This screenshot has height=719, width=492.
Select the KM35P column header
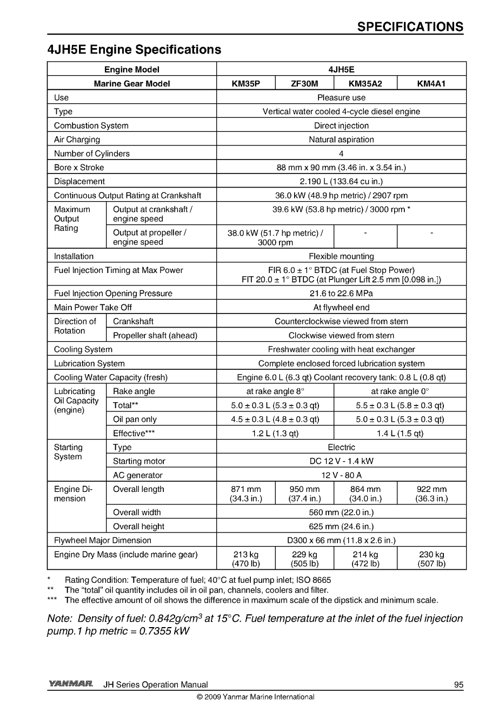245,84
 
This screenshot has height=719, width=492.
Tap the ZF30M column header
304,84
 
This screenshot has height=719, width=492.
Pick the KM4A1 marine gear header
431,84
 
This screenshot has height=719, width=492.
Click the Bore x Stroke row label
79,168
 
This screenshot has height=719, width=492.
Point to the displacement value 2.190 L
341,182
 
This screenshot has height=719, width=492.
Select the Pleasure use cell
341,98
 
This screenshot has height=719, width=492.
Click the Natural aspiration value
341,139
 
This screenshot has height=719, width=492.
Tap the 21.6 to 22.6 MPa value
341,294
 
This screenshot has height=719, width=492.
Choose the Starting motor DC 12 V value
341,461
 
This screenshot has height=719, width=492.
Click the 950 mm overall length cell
304,494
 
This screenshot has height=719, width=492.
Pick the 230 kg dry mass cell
431,559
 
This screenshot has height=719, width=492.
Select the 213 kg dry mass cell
245,559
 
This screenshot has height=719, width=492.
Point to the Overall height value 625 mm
341,527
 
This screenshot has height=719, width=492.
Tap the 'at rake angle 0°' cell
400,391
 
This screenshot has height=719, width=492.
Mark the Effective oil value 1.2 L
275,434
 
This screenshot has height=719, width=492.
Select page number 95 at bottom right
458,685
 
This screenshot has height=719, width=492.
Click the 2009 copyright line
255,697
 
